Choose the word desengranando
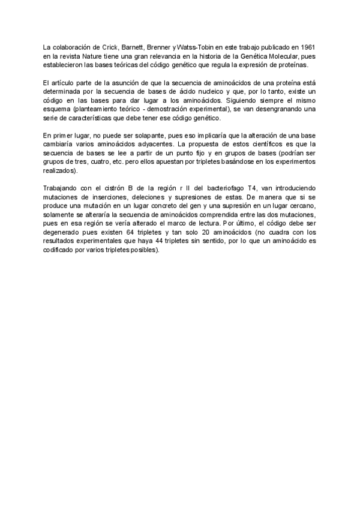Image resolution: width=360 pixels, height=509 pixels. pyautogui.click(x=270, y=110)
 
